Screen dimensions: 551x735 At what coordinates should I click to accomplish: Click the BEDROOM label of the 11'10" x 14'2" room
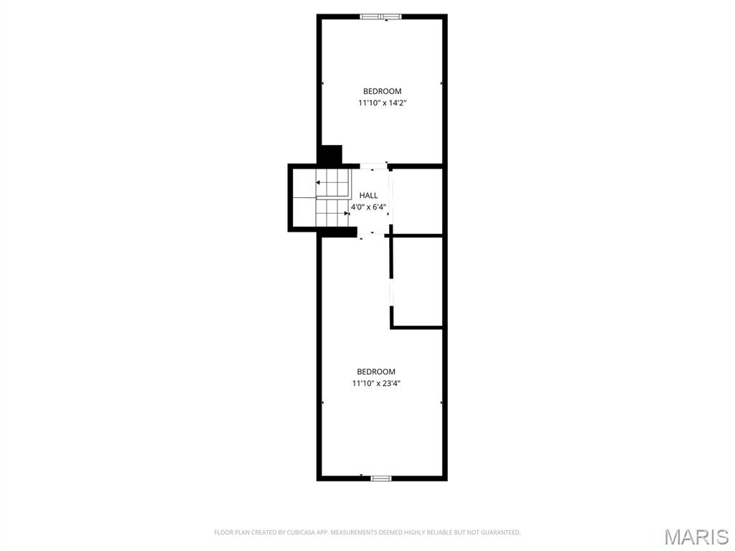(x=382, y=91)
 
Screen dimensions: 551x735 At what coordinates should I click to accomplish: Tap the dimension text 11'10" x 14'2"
(x=383, y=103)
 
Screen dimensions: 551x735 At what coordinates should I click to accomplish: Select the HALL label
(x=368, y=195)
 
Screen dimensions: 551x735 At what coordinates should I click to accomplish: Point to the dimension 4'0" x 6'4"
(x=368, y=207)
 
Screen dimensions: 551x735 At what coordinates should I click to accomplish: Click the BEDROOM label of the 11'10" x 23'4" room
(x=376, y=372)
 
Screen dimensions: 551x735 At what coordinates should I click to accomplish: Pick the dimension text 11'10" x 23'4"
(x=376, y=383)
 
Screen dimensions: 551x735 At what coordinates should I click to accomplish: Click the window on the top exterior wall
(x=381, y=17)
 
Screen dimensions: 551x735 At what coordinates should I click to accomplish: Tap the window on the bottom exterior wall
(x=380, y=478)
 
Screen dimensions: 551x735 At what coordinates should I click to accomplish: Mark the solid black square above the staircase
(x=331, y=155)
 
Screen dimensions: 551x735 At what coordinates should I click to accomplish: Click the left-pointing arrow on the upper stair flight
(x=319, y=183)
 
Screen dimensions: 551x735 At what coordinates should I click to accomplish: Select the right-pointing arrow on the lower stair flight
(x=347, y=213)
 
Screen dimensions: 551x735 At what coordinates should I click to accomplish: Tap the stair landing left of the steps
(x=304, y=198)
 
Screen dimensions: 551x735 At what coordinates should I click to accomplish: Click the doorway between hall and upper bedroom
(x=372, y=166)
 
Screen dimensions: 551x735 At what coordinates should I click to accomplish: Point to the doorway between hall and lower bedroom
(x=371, y=234)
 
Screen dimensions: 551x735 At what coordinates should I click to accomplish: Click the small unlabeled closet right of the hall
(x=416, y=201)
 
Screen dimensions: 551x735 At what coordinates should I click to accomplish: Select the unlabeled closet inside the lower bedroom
(x=417, y=281)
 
